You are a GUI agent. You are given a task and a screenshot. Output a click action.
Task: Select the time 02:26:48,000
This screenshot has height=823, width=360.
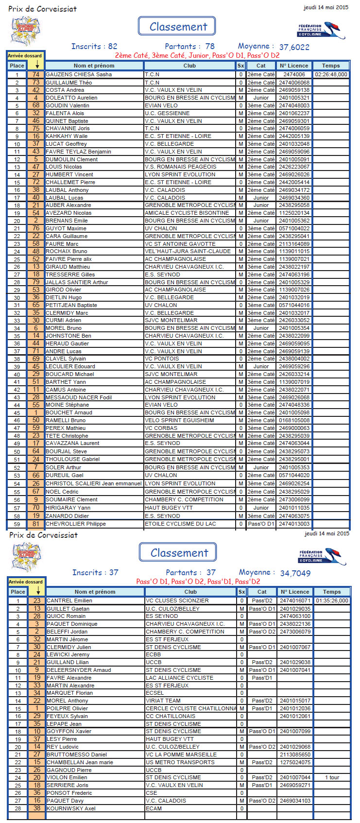tap(331, 74)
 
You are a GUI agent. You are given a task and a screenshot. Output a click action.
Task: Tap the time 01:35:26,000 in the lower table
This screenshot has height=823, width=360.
tap(332, 600)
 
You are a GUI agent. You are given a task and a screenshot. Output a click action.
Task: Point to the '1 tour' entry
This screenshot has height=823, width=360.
tap(332, 777)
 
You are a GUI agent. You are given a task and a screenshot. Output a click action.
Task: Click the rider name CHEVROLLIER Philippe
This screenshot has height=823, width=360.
tap(75, 524)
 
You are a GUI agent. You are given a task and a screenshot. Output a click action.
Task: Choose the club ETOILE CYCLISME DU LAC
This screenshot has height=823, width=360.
tap(180, 524)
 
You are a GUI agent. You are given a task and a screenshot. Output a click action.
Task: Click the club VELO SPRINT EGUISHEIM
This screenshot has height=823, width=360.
tap(179, 420)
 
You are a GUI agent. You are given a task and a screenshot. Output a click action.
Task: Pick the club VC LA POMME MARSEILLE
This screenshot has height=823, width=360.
tap(181, 754)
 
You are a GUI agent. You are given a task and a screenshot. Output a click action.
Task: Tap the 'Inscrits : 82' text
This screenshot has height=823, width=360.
tap(94, 47)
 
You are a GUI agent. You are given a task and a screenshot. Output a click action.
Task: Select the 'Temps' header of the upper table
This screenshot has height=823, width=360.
tap(331, 66)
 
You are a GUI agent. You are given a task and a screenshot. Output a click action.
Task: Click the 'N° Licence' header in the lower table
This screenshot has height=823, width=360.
tap(295, 592)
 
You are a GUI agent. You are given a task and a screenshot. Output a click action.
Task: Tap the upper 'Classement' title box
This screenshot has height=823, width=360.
tap(177, 26)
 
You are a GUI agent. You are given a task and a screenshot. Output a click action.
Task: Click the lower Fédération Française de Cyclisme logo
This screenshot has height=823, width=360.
tap(321, 556)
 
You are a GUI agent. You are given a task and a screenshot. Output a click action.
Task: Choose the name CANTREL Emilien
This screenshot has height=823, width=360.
tap(69, 600)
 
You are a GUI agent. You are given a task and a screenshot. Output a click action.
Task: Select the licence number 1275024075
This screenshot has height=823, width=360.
tap(295, 762)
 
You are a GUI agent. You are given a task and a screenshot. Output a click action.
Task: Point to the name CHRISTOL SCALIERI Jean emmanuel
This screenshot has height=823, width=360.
tap(94, 483)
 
